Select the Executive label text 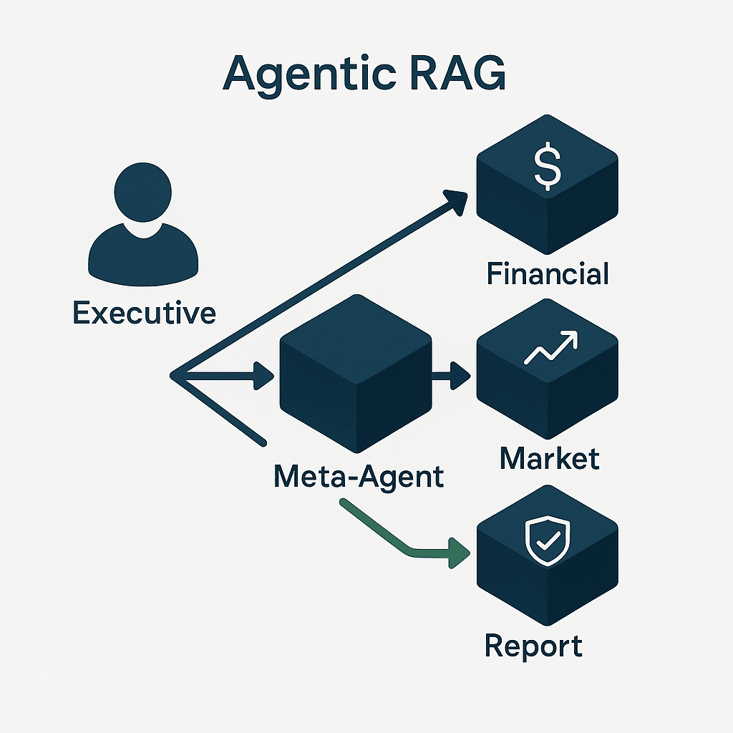[x=144, y=313]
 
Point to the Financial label [x=548, y=274]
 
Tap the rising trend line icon [x=550, y=348]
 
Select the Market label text [x=549, y=457]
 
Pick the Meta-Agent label [x=359, y=476]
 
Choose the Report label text [x=533, y=646]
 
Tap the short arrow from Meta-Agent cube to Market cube [x=451, y=374]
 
